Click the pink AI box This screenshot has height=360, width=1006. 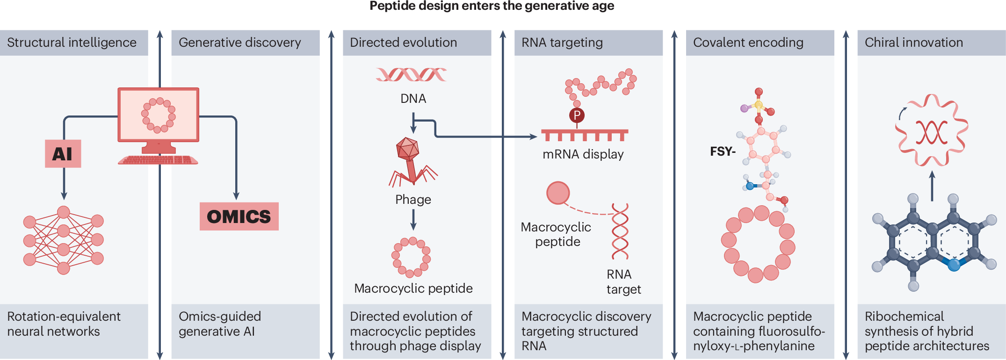pos(63,154)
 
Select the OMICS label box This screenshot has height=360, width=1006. pos(239,216)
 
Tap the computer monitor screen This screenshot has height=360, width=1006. pos(159,115)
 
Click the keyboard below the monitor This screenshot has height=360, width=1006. pos(158,160)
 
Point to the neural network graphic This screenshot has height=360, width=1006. pos(64,240)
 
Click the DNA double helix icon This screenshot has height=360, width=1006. pos(411,74)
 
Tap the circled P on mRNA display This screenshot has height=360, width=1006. pos(577,115)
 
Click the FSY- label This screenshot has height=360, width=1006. pos(723,151)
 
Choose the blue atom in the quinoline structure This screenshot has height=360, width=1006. pos(954,265)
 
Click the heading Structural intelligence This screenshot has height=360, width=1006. pos(72,43)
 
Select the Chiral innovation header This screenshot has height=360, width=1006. pos(913,43)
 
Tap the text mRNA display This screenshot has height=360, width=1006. pos(583,154)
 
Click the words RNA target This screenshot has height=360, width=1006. pos(623,282)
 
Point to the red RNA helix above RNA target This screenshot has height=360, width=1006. pos(620,231)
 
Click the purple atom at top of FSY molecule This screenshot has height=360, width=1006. pos(744,108)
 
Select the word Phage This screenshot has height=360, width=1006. pos(413,200)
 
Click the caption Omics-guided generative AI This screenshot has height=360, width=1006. pos(220,324)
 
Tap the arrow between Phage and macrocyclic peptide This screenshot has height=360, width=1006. pos(413,219)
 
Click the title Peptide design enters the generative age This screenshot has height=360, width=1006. pos(492,6)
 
